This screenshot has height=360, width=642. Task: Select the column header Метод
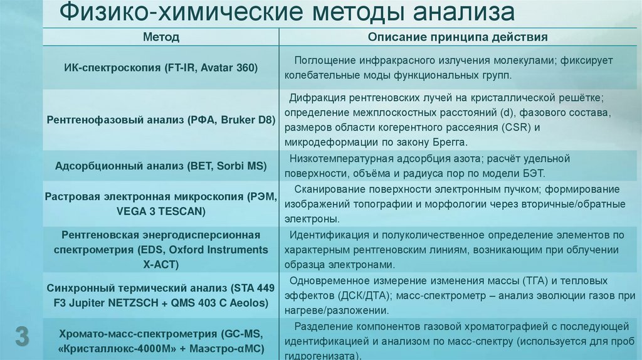pos(161,38)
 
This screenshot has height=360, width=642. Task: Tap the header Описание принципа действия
pos(458,38)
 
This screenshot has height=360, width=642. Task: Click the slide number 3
pos(22,337)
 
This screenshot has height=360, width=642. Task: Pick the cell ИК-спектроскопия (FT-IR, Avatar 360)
pos(161,68)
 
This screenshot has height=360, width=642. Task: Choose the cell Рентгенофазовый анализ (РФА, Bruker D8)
pos(161,119)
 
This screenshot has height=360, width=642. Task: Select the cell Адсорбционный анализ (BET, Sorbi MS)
pos(161,166)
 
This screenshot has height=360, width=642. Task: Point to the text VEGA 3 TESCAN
pos(161,211)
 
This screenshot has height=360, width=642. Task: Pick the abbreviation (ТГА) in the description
pos(552,281)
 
